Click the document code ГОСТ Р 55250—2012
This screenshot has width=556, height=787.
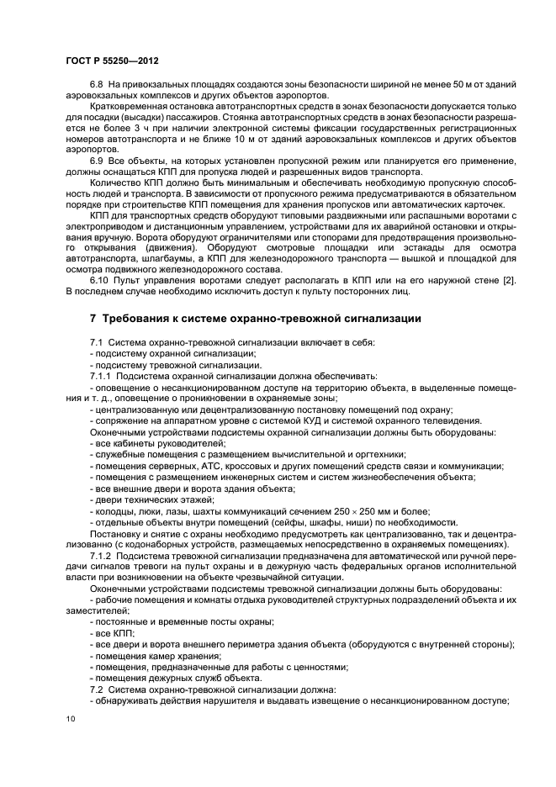tap(112, 61)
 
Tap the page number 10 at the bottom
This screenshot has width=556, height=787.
tap(70, 718)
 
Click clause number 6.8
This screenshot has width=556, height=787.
tap(98, 86)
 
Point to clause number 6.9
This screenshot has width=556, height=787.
tap(98, 160)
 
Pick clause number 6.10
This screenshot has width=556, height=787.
tap(100, 280)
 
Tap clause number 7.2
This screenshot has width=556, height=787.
tap(97, 689)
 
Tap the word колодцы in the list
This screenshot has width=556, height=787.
tap(114, 511)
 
